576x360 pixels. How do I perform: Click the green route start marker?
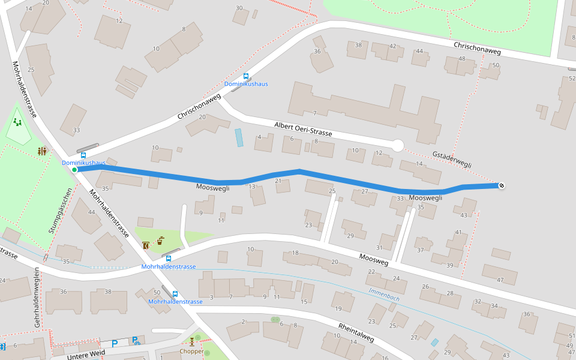tap(74, 170)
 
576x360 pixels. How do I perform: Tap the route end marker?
tap(501, 185)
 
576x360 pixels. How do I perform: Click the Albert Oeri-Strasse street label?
tap(302, 128)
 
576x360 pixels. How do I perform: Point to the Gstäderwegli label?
tap(452, 159)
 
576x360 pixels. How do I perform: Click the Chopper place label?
tap(191, 351)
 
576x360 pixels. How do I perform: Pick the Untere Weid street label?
tap(86, 355)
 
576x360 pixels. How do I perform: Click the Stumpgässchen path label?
tap(60, 210)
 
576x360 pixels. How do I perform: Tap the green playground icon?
tap(17, 122)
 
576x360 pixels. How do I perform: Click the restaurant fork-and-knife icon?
tap(42, 151)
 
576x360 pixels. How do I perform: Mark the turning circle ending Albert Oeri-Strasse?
tap(397, 145)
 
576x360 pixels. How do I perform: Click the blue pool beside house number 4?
tap(239, 137)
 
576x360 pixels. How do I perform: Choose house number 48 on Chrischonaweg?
tap(461, 59)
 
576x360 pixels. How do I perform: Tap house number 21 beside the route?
tap(278, 181)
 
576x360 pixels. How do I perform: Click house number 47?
tap(500, 280)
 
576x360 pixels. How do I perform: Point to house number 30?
tap(239, 8)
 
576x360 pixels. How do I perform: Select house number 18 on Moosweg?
tap(295, 253)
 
